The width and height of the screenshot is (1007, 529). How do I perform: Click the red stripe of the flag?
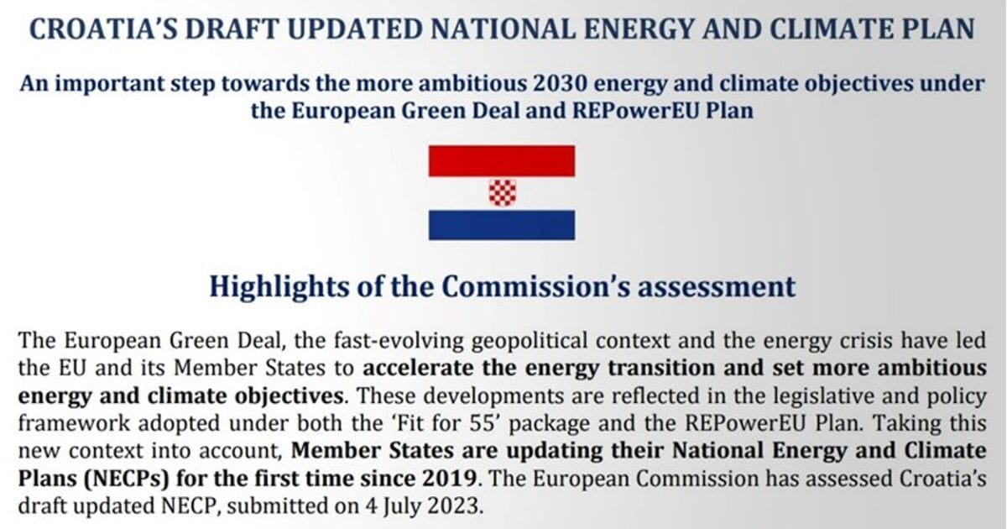pos(502,160)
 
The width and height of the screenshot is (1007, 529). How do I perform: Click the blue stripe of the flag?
pos(502,225)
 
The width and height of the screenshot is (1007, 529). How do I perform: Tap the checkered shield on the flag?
pos(502,193)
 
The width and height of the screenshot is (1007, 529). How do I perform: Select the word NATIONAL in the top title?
pos(503,29)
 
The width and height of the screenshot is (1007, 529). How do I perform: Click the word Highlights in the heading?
pos(279,287)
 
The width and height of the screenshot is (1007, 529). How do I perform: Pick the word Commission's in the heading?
pos(536,287)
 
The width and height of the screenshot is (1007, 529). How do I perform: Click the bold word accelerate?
pos(419,368)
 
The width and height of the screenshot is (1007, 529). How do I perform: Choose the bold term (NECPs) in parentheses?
pos(126,479)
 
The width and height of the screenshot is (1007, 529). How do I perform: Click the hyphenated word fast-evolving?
pos(399,341)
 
